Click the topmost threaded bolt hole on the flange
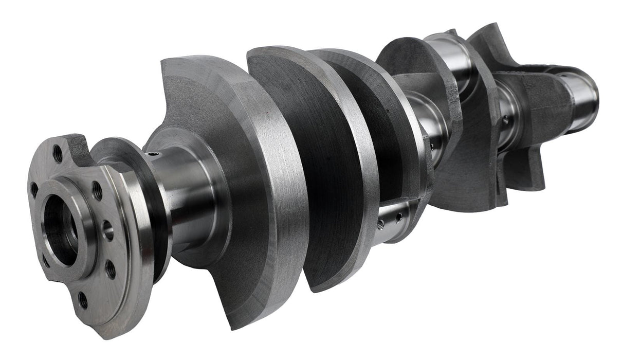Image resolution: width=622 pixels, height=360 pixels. point(58,153)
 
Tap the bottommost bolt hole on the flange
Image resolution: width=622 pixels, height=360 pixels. point(83,300)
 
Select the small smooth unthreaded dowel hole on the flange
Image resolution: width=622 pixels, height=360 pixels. point(108,230)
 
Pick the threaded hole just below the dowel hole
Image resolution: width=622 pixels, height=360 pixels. point(110,268)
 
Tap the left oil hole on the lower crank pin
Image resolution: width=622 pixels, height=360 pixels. point(381,224)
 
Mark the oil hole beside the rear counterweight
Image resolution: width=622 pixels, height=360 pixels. point(507,121)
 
